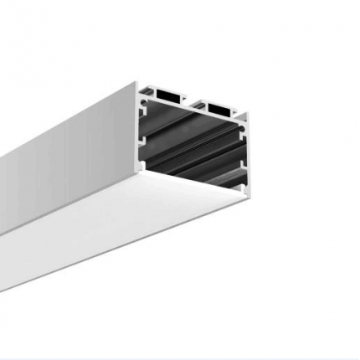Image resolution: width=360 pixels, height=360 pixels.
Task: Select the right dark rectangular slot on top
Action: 219,109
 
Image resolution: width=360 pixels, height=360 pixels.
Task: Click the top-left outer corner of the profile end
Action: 136,82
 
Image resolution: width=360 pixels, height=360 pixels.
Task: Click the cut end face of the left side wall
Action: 137,126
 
